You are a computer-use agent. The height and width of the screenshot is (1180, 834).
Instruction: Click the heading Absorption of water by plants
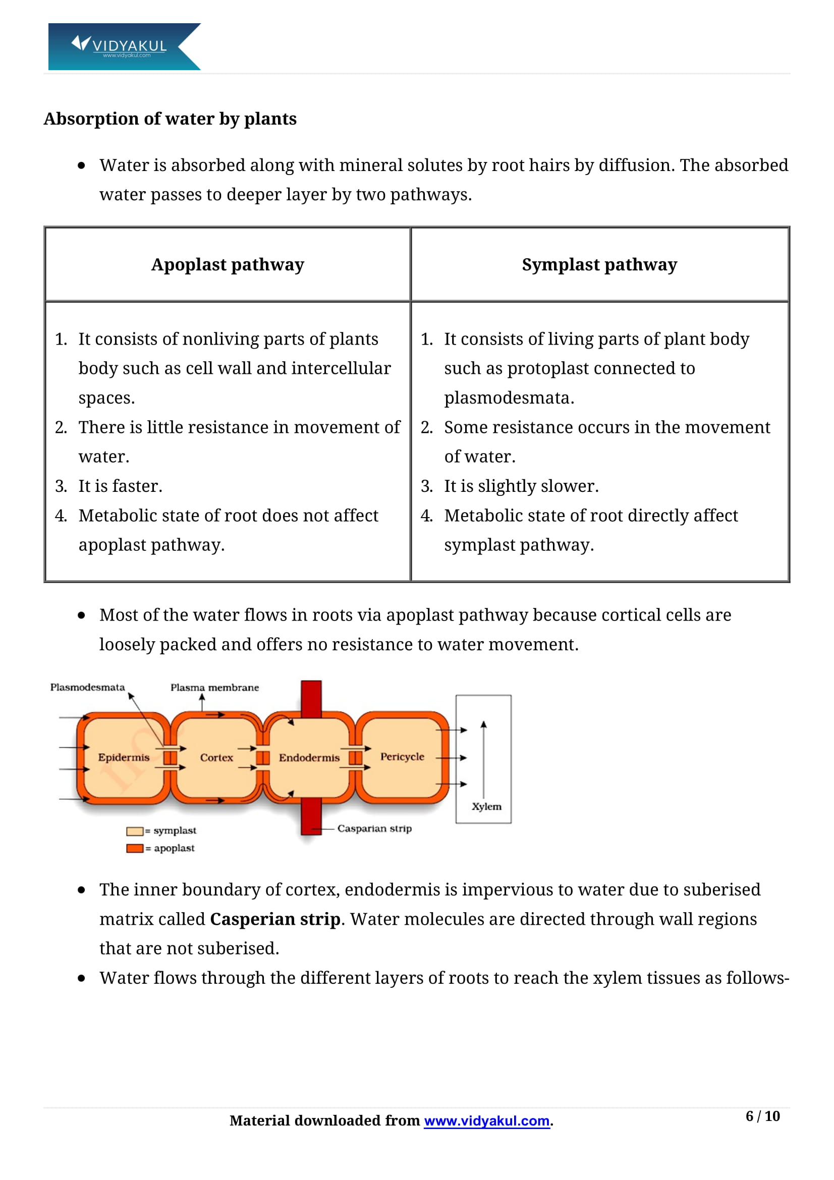pos(170,119)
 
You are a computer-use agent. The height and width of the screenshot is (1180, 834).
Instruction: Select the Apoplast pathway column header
pos(228,265)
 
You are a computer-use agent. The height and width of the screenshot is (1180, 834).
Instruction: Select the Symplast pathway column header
pos(599,265)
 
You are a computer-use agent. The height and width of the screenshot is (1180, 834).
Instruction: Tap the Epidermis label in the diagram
pos(123,757)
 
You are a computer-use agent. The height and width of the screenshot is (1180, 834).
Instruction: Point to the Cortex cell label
pos(216,758)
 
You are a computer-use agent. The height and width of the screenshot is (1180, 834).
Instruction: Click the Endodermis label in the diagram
pos(309,758)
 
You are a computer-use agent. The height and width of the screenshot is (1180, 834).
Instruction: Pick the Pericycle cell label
pos(402,757)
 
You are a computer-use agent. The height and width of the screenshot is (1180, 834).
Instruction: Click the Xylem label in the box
pos(486,806)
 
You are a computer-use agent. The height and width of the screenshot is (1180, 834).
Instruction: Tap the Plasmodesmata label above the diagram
pos(87,687)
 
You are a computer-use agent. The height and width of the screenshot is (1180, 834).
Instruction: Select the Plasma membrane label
pos(214,688)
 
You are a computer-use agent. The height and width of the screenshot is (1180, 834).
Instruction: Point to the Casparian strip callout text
pos(374,828)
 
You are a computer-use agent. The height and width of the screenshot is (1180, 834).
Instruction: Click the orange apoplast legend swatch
pos(135,848)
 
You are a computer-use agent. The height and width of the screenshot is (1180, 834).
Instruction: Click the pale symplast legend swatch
pos(135,831)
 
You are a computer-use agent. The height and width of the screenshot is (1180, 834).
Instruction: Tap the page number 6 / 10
pos(762,1116)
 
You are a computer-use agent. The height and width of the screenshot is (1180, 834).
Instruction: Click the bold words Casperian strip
pos(275,919)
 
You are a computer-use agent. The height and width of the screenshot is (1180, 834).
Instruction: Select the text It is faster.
pos(120,486)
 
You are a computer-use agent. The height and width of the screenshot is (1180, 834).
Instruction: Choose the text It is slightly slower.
pos(521,486)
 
